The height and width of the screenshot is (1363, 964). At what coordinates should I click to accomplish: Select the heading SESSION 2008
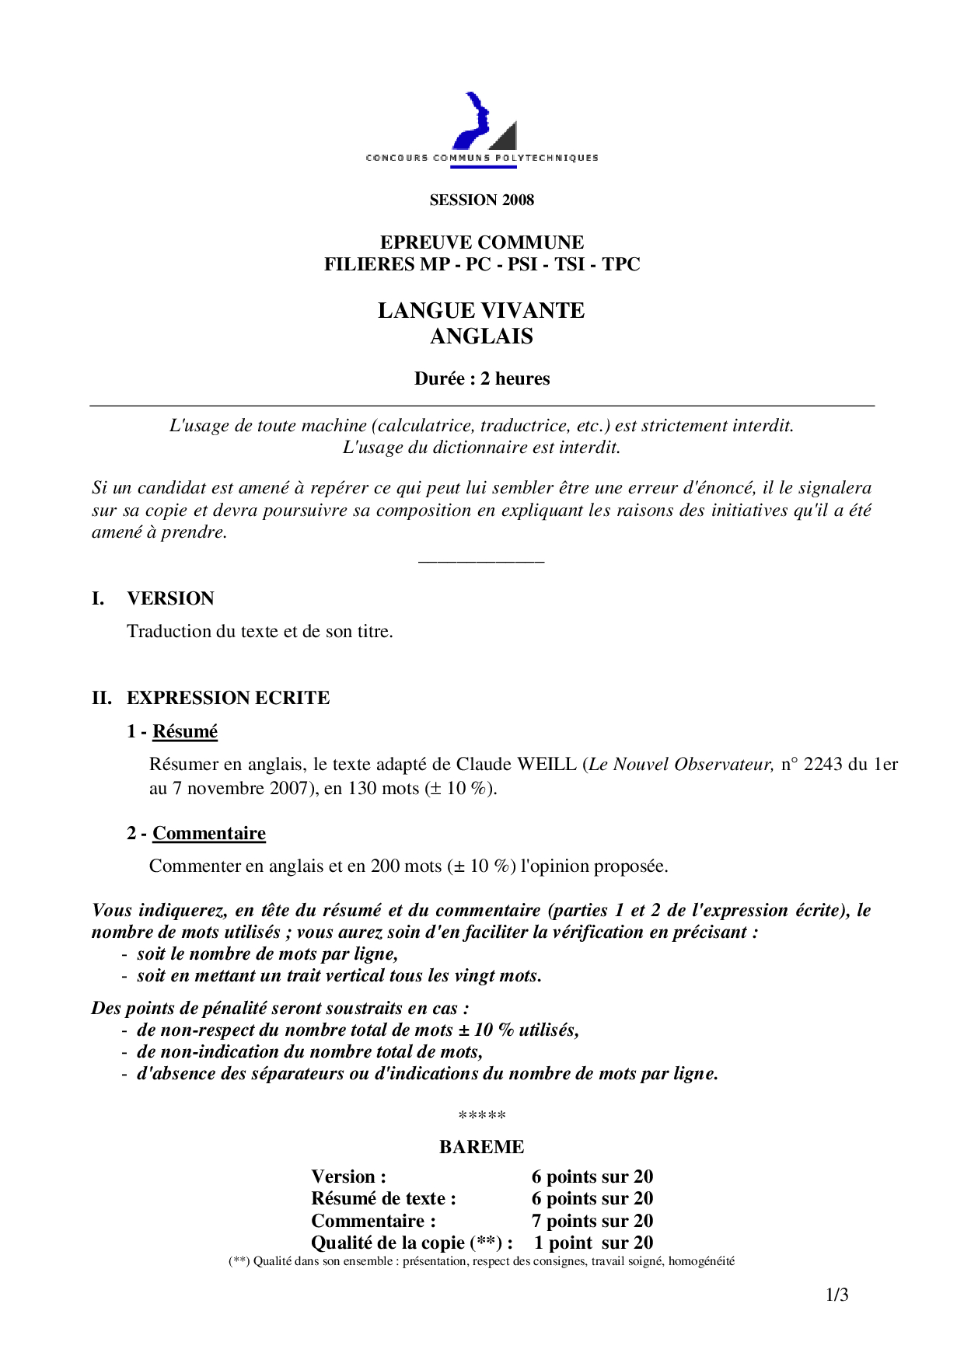point(482,200)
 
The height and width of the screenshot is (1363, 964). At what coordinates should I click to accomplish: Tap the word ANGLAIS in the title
point(482,336)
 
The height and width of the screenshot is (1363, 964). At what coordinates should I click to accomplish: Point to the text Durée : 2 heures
point(482,379)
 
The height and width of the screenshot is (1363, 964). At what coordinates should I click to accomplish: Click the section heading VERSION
point(170,598)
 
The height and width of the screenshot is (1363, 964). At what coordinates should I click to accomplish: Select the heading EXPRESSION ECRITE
point(228,698)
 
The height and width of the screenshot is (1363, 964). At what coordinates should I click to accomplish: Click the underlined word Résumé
point(185,732)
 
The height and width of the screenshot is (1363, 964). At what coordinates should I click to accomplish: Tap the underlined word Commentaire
point(209,834)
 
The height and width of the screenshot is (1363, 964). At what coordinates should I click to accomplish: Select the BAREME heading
point(482,1147)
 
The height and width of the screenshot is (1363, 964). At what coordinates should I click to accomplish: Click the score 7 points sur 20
point(592,1221)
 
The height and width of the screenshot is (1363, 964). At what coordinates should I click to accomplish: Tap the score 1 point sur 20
point(593,1243)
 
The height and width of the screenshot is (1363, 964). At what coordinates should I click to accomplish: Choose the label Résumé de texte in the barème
point(383,1199)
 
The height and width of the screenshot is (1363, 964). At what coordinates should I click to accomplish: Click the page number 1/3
point(837,1295)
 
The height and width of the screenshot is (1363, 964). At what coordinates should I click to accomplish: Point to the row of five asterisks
point(482,1116)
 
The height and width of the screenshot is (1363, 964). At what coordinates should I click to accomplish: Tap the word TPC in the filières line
point(620,264)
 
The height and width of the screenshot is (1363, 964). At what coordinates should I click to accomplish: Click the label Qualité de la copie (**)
point(411,1243)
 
